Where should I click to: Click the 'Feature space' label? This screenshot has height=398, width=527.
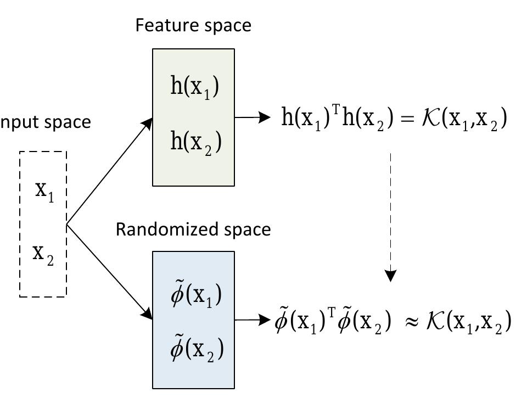click(193, 25)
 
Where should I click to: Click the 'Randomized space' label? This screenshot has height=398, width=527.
click(193, 229)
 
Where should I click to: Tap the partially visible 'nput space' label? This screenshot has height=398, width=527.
click(46, 122)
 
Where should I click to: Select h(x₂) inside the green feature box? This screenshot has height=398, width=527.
click(195, 143)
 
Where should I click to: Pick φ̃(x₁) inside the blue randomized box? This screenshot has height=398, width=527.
click(195, 295)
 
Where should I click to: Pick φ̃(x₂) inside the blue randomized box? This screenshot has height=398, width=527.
click(195, 348)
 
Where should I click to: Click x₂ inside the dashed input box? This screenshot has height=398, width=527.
click(43, 254)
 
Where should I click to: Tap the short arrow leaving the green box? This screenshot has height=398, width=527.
click(253, 117)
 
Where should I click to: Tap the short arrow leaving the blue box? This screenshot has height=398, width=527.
click(253, 320)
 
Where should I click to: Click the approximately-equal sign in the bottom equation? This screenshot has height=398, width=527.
click(411, 322)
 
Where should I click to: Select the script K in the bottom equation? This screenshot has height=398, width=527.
click(435, 321)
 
